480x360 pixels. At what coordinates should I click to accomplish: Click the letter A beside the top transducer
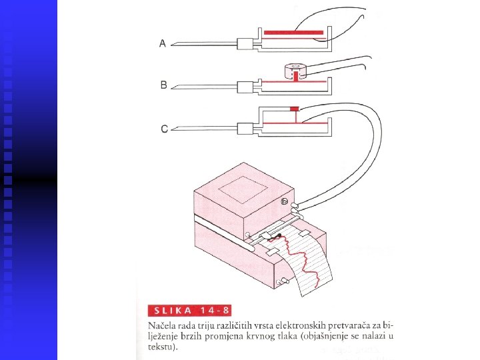click(163, 43)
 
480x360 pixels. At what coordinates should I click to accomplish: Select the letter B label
click(163, 85)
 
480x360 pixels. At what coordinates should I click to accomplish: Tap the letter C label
click(164, 129)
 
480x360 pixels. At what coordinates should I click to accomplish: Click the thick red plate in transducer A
click(293, 32)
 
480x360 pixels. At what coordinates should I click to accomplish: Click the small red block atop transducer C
click(294, 109)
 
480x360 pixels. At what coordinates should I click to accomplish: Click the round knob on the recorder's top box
click(284, 201)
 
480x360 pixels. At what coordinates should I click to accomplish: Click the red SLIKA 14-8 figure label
click(188, 311)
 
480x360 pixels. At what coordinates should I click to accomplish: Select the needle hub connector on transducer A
click(247, 44)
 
